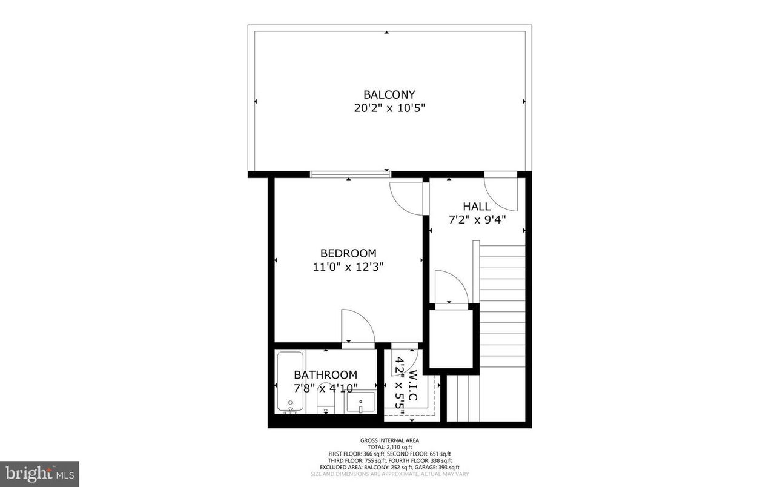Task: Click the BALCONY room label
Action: [389, 94]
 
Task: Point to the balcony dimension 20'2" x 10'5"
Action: [389, 109]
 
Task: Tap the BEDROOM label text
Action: [348, 253]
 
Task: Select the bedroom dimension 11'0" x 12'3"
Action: [348, 267]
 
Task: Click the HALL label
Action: [477, 207]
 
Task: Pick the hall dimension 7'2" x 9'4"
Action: [477, 221]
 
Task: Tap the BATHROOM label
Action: [326, 375]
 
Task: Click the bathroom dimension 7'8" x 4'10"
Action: [326, 388]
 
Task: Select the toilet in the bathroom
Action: [326, 405]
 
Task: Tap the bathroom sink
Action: [361, 403]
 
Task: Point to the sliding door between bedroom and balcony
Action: [350, 174]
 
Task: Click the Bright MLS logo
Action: [39, 473]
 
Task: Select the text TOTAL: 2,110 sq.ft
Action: [389, 447]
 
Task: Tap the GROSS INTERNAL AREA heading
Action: [389, 440]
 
